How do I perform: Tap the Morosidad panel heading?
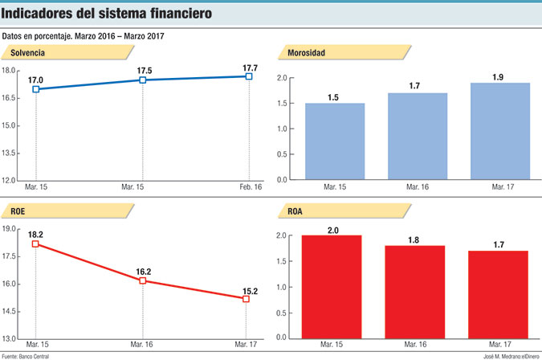tap(306, 53)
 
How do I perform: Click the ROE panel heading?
tap(18, 211)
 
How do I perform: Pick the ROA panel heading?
tap(296, 211)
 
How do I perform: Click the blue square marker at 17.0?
tap(36, 89)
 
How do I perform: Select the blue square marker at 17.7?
tap(249, 76)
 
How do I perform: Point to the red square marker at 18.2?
tap(36, 243)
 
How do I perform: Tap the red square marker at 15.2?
tap(246, 299)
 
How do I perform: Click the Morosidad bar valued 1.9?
tap(499, 131)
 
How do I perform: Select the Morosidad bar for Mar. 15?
tap(335, 141)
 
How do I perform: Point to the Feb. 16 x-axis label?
tap(249, 187)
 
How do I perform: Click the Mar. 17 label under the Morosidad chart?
tap(499, 187)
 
